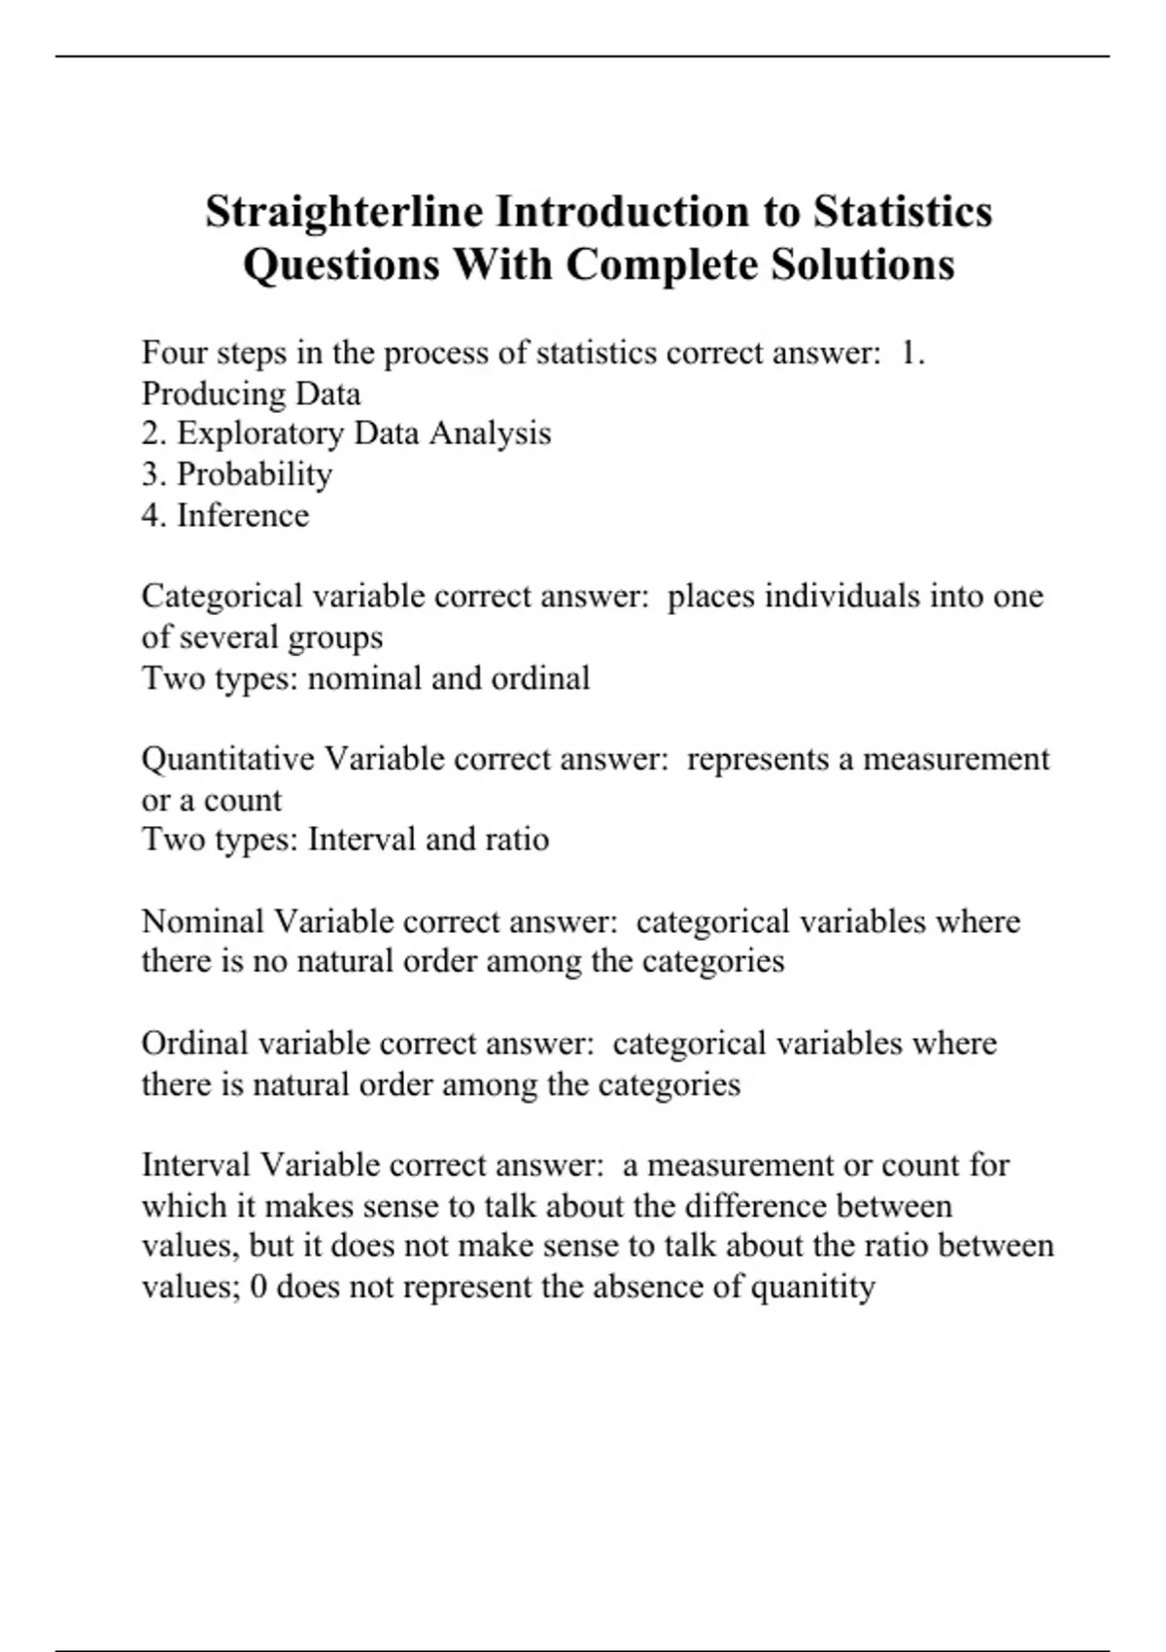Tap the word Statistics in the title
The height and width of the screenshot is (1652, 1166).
click(x=903, y=212)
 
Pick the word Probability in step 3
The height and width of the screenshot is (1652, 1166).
click(x=255, y=474)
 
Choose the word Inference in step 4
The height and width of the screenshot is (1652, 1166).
click(x=243, y=515)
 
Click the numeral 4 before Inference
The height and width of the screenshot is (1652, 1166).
click(x=151, y=515)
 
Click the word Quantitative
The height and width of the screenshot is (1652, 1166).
click(x=228, y=758)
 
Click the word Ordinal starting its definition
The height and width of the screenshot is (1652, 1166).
click(x=194, y=1044)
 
